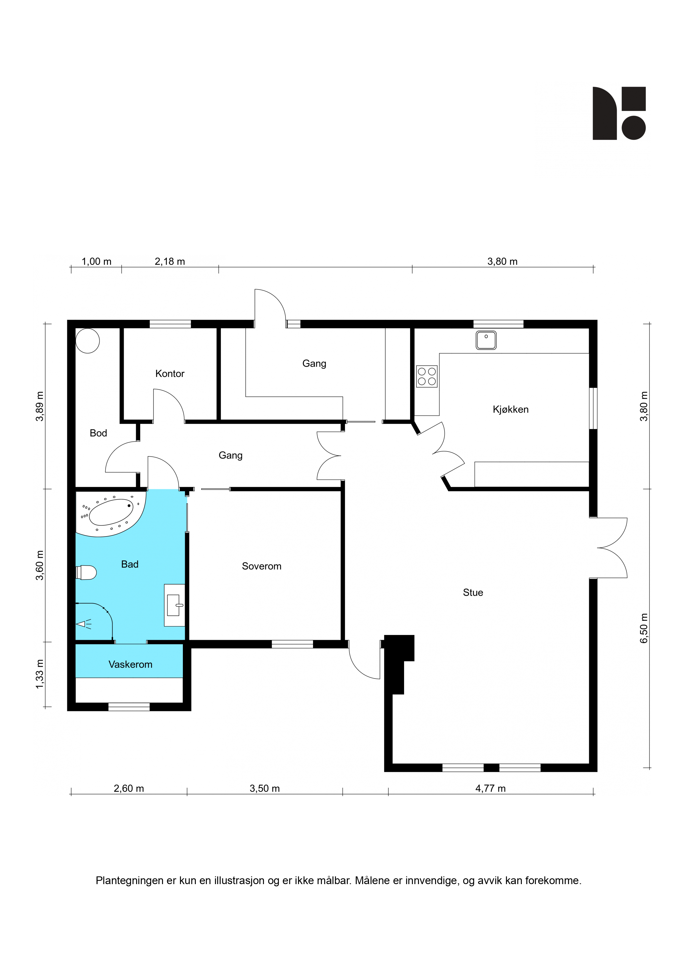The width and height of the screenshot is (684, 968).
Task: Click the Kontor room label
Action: [170, 374]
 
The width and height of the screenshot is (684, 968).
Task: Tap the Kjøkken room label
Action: [510, 409]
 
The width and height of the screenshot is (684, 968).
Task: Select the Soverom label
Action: [261, 566]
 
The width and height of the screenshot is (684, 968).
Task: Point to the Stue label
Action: [473, 592]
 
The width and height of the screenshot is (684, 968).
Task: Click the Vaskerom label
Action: [130, 664]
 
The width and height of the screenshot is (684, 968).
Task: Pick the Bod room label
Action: [98, 433]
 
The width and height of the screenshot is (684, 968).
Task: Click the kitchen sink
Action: [486, 340]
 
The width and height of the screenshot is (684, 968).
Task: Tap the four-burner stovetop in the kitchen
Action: [426, 376]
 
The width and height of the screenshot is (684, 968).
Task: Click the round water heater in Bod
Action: [88, 341]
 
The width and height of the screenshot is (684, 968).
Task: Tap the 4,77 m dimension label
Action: [491, 788]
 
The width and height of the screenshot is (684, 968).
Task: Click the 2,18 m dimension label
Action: [170, 261]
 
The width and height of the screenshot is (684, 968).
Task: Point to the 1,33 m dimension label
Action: [39, 674]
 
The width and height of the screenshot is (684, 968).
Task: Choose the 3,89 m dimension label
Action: [39, 406]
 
